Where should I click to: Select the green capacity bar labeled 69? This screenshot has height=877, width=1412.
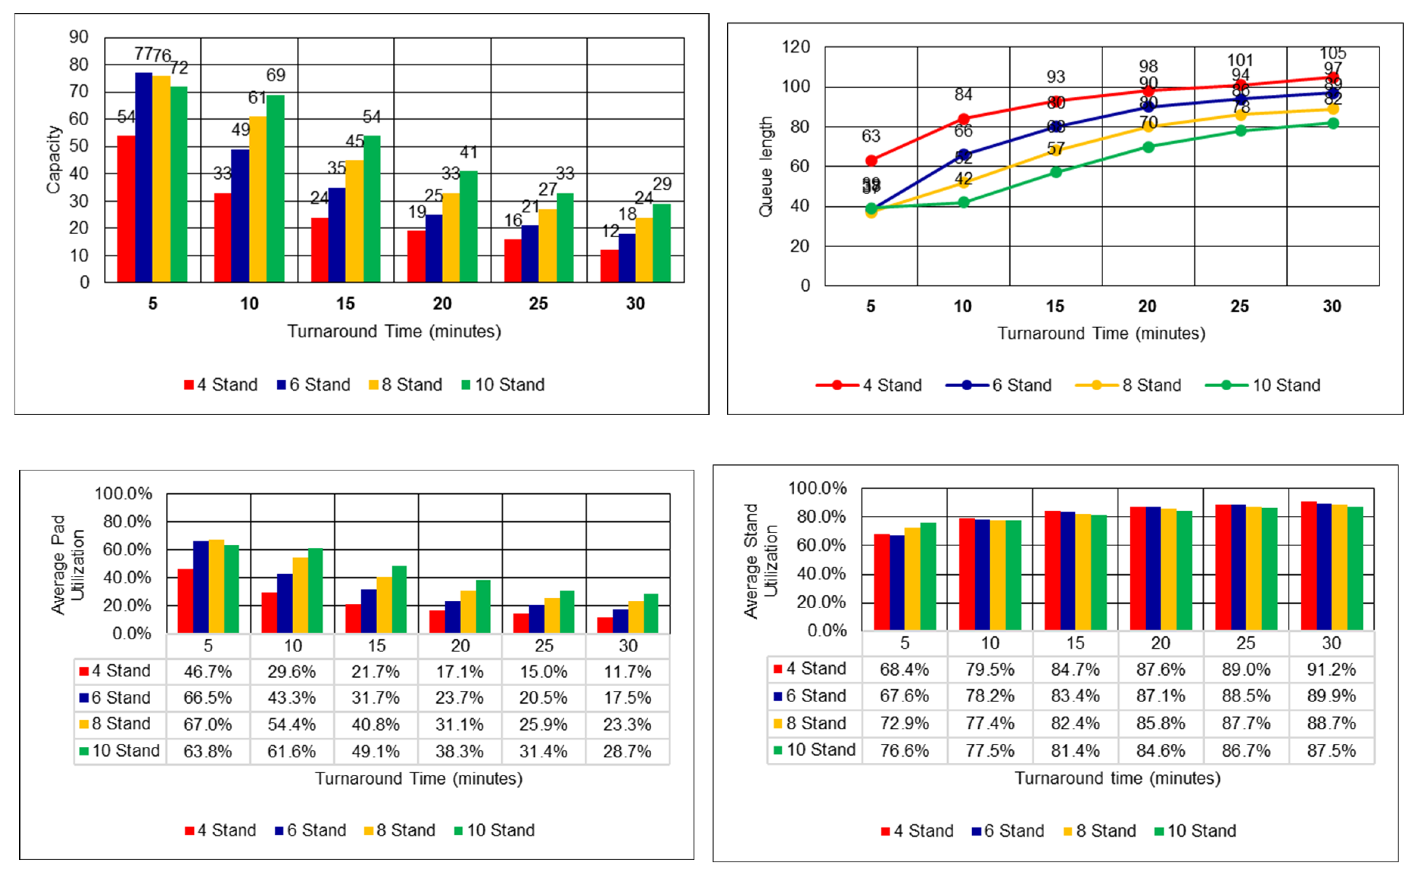[276, 188]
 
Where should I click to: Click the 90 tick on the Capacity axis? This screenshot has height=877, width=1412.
[79, 37]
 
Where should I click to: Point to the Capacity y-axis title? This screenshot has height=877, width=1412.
[53, 159]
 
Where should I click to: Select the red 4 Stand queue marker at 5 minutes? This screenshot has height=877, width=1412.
[870, 160]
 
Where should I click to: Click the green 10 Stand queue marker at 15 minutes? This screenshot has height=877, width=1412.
[1055, 172]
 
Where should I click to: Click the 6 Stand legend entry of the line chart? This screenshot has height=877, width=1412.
[999, 385]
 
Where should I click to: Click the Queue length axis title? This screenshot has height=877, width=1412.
[766, 167]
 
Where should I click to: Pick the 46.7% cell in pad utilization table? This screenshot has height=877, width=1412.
[208, 672]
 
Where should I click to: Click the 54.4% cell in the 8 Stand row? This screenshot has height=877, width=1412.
[292, 724]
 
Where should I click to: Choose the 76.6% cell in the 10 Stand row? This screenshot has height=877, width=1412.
[904, 751]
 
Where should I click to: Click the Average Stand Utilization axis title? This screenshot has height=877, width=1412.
[760, 561]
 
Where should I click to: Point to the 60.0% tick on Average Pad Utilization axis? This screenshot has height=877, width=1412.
[127, 549]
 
